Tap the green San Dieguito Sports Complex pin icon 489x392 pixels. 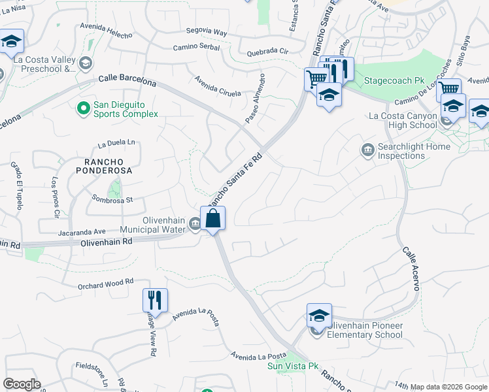84,108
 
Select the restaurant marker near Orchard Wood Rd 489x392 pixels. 156,300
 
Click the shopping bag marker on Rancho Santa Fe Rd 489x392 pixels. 213,218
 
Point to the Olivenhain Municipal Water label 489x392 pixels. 156,225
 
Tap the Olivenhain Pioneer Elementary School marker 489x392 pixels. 319,316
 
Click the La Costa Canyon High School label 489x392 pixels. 403,121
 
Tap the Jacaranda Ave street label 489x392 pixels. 82,231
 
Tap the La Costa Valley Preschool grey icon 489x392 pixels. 85,63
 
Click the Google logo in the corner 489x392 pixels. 22,384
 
